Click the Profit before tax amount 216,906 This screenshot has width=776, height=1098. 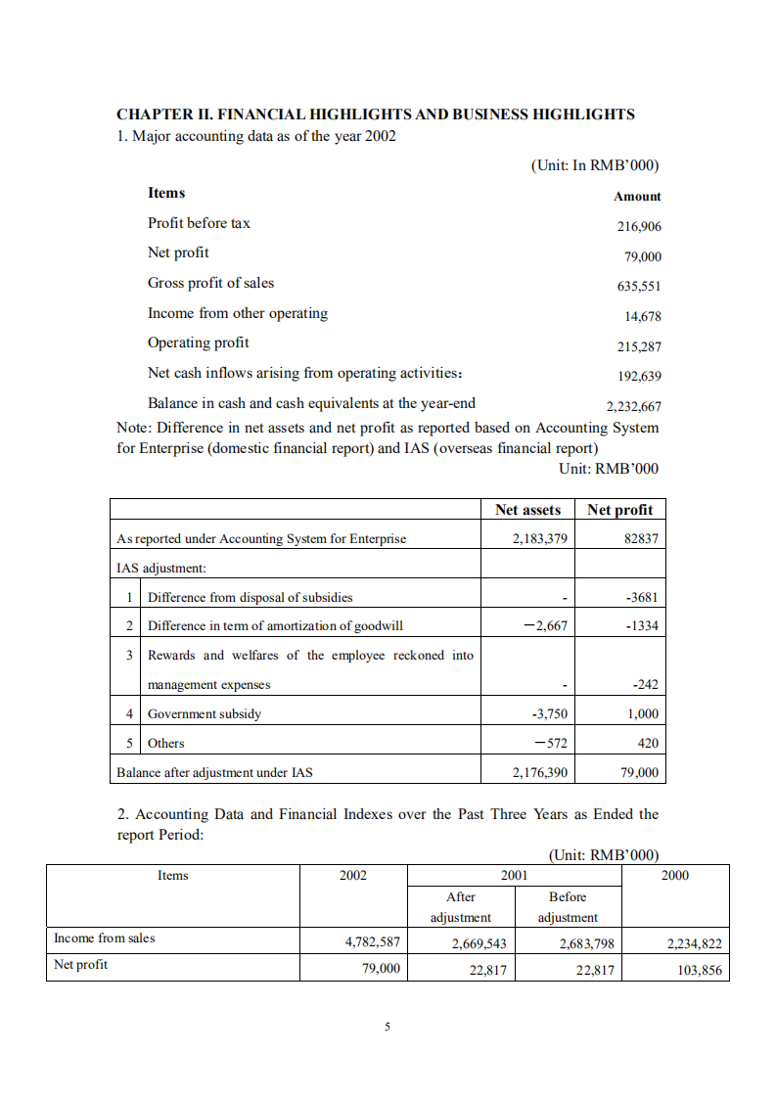(638, 226)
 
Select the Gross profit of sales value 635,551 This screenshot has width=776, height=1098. (638, 287)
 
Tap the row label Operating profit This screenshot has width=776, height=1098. (198, 343)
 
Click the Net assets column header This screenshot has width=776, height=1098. (527, 510)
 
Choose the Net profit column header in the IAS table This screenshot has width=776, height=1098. (619, 510)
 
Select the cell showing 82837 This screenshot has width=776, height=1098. (640, 539)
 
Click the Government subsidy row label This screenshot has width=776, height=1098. (204, 714)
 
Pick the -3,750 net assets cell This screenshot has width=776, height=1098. (549, 714)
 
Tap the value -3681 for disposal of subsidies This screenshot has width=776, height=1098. (641, 598)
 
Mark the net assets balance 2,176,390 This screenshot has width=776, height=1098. (540, 773)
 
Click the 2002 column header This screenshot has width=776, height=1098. (352, 876)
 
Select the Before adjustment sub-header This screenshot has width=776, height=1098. (568, 907)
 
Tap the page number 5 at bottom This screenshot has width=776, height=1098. (388, 1027)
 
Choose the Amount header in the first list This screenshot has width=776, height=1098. (637, 197)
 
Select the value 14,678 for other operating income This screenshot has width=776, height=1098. (642, 316)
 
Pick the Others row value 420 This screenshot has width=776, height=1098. (647, 744)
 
